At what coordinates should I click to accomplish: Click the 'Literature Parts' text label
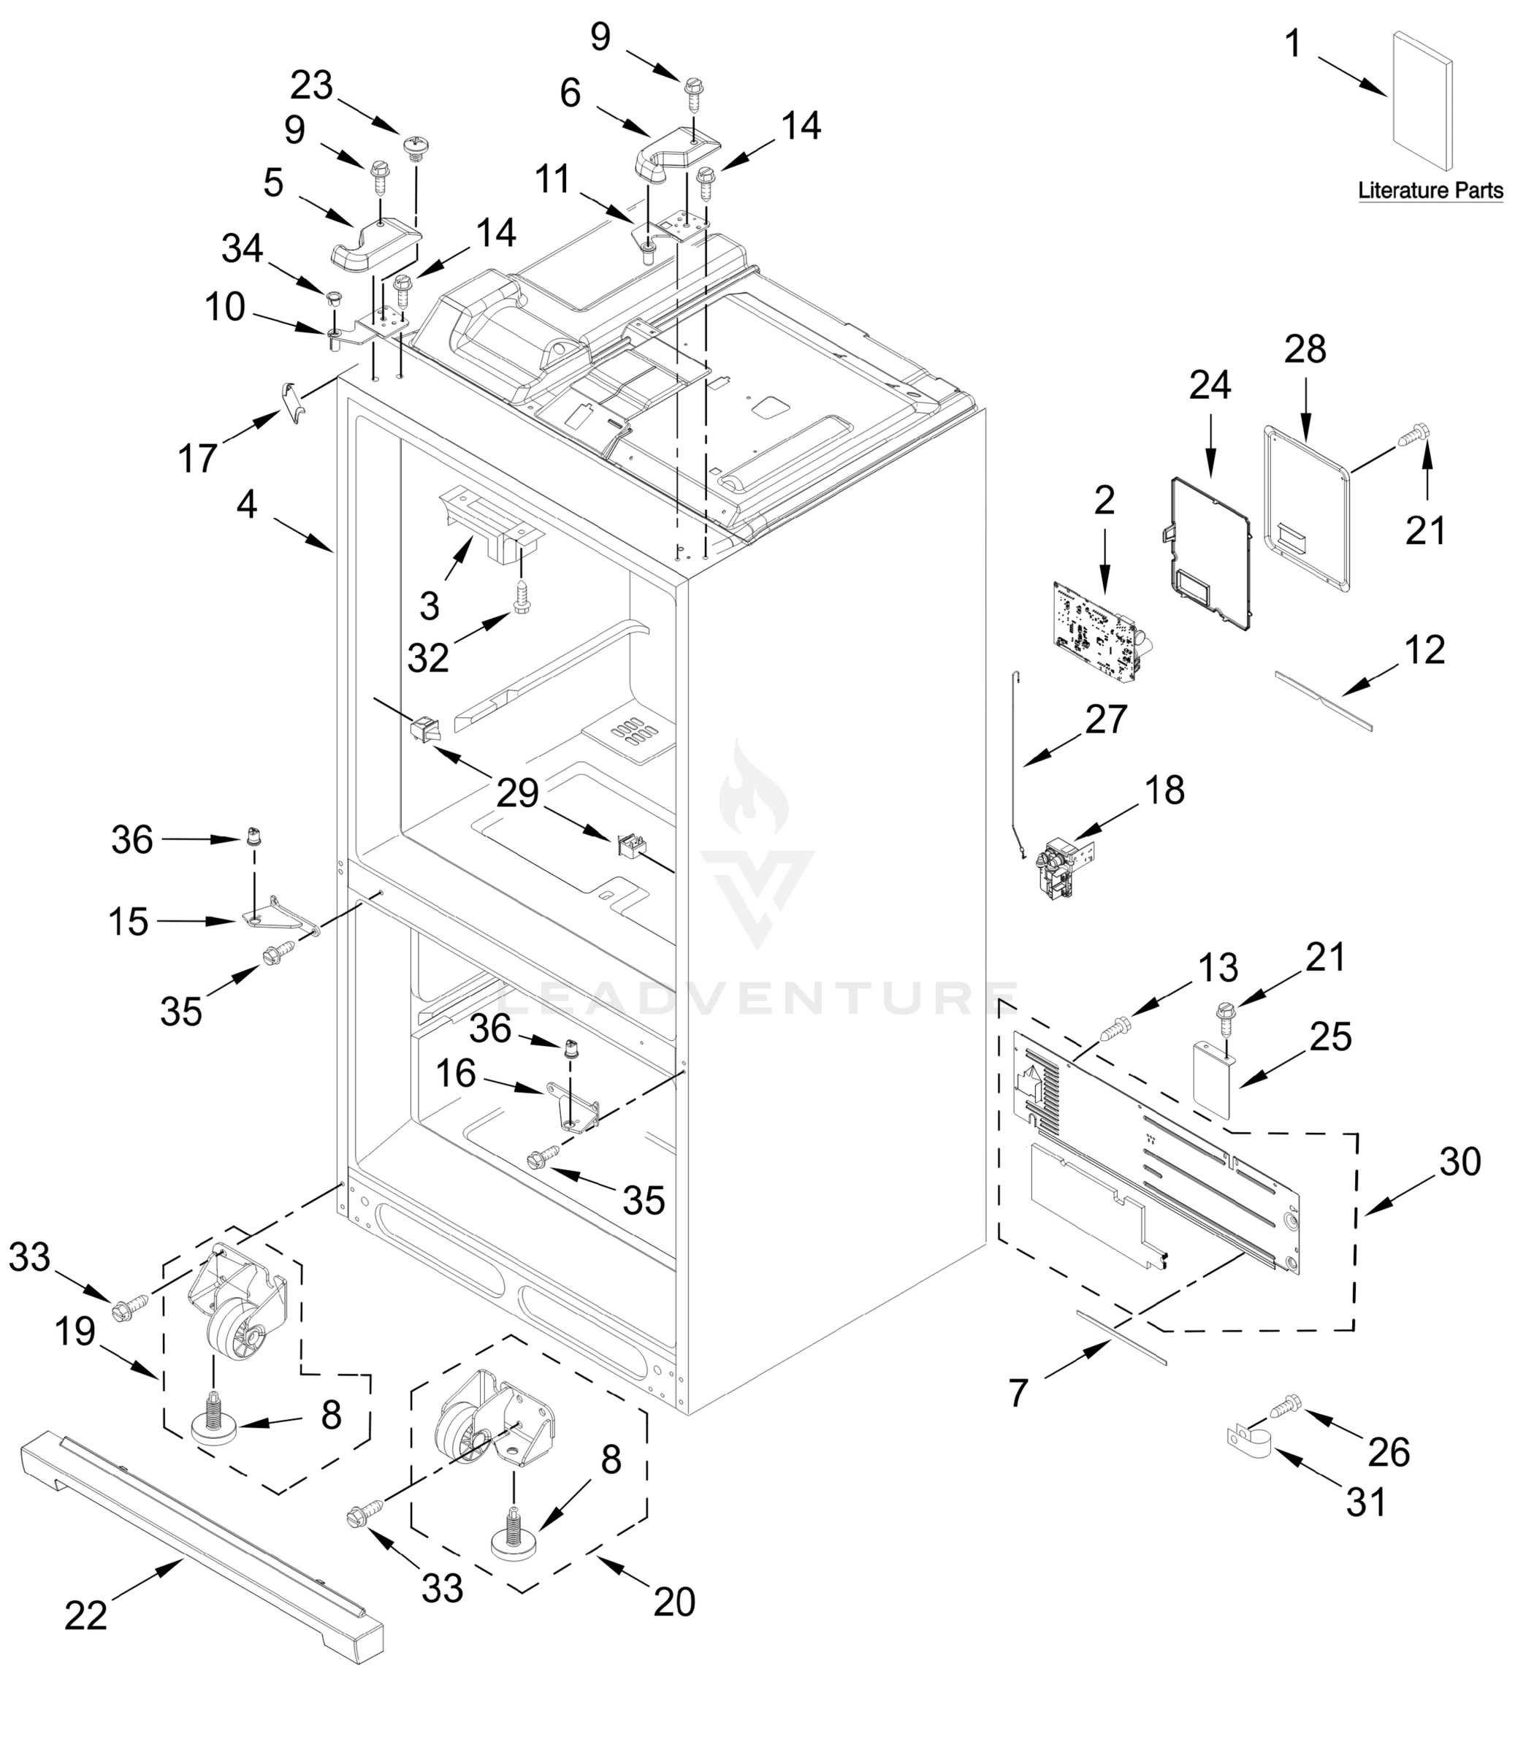(x=1430, y=191)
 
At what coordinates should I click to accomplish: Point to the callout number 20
(x=674, y=1602)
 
